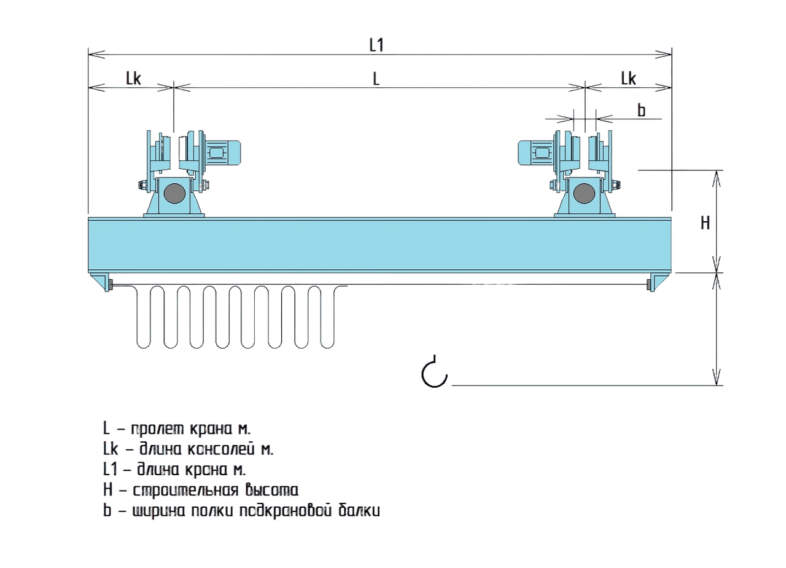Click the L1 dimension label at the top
pyautogui.click(x=376, y=45)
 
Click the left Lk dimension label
pyautogui.click(x=133, y=79)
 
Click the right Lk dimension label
pyautogui.click(x=628, y=79)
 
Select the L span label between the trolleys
pyautogui.click(x=376, y=79)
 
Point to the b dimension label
pyautogui.click(x=641, y=111)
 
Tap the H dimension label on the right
pyautogui.click(x=706, y=223)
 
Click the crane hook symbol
pyautogui.click(x=434, y=373)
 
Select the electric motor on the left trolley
pyautogui.click(x=222, y=153)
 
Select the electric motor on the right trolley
pyautogui.click(x=537, y=153)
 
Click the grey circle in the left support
pyautogui.click(x=175, y=194)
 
